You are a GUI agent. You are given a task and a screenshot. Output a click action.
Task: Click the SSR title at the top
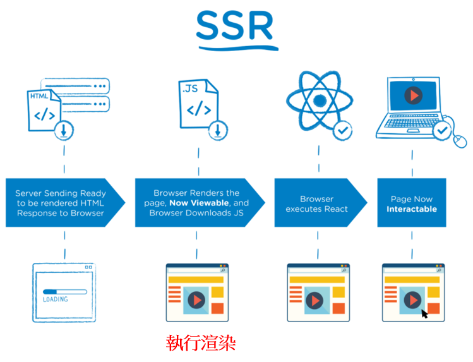(235, 27)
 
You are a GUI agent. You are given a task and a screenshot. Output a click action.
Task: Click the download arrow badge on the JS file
(217, 130)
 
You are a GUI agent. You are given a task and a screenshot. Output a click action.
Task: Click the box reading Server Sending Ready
(61, 203)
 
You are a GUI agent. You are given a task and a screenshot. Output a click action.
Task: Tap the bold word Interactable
(412, 209)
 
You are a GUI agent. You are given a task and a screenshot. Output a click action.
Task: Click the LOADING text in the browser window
(55, 299)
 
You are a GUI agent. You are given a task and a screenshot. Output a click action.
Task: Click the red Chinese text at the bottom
(201, 344)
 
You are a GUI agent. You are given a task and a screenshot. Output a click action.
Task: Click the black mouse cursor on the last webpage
(424, 312)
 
